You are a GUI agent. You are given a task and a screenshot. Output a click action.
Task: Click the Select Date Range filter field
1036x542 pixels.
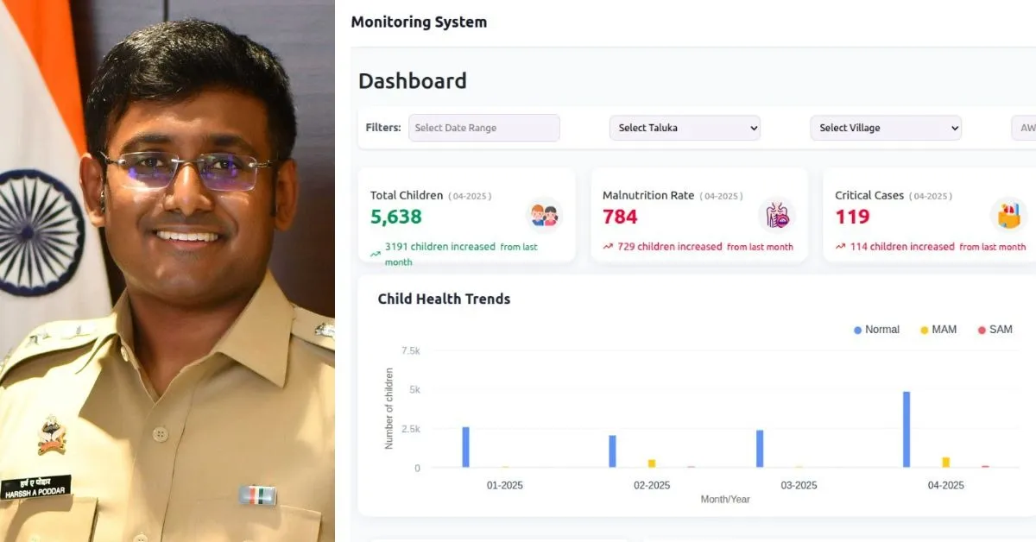click(x=483, y=128)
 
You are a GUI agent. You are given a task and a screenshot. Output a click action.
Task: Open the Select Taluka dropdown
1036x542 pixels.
click(x=685, y=128)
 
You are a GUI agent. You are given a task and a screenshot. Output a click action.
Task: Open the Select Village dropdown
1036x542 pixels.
click(x=885, y=128)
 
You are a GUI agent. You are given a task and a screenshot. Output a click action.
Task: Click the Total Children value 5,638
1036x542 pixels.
click(x=396, y=217)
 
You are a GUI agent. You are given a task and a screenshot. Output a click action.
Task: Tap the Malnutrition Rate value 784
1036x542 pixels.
click(x=620, y=217)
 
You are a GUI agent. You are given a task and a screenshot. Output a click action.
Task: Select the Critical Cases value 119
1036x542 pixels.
click(x=852, y=217)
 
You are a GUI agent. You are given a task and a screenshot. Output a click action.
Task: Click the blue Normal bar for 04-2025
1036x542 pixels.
click(x=906, y=430)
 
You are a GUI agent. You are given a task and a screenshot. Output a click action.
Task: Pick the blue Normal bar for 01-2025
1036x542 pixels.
click(x=466, y=447)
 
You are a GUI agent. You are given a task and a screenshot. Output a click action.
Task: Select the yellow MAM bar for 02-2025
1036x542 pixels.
click(x=652, y=463)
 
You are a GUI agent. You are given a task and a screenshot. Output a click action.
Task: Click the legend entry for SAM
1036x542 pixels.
click(x=995, y=330)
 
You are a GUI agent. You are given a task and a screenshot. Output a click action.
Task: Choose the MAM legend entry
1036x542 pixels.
click(x=938, y=330)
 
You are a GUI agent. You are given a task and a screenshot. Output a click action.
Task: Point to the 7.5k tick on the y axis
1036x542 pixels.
click(x=410, y=350)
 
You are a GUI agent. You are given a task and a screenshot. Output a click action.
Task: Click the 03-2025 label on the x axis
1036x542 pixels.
click(x=799, y=485)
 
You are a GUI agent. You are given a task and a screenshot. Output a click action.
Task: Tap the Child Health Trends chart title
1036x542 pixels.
click(x=444, y=299)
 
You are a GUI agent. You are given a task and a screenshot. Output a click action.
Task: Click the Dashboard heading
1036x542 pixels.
click(x=412, y=81)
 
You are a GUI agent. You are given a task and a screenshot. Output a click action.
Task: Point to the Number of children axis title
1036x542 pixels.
click(x=388, y=408)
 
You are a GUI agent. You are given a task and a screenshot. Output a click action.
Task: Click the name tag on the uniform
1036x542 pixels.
click(x=36, y=486)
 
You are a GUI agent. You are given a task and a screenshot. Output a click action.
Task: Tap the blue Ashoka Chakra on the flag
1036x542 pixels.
click(x=39, y=233)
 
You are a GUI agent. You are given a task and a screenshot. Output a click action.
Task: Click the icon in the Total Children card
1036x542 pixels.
click(x=544, y=215)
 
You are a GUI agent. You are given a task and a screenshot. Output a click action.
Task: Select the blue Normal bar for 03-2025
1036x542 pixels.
click(x=760, y=449)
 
